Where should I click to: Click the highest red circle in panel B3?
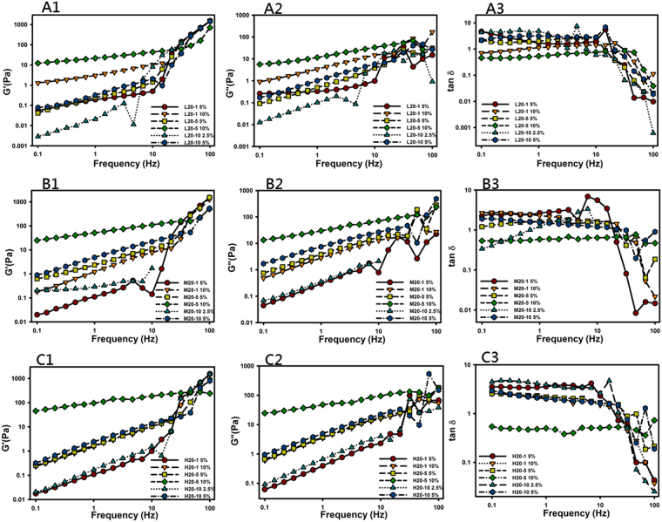point(588,197)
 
